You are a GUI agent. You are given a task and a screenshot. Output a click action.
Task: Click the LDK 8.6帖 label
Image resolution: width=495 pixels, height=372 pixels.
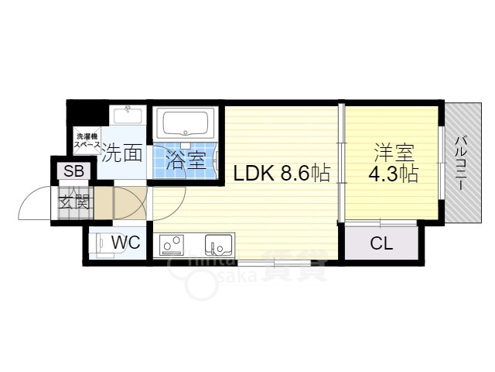click(x=282, y=174)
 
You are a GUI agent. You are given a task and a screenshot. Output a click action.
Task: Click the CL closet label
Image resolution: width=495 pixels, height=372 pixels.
click(x=381, y=243)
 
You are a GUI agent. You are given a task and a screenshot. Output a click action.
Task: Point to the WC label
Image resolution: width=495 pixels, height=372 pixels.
click(x=125, y=243)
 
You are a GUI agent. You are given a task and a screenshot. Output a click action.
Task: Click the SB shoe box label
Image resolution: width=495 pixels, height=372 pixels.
click(x=74, y=171)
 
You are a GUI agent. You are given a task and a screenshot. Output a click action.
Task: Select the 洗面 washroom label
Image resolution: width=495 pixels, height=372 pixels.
click(x=123, y=153)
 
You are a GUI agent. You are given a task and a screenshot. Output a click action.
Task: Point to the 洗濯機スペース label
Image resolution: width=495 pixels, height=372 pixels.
click(x=87, y=139)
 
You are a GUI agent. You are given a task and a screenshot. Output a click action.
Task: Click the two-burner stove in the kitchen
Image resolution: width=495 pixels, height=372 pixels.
click(x=172, y=246)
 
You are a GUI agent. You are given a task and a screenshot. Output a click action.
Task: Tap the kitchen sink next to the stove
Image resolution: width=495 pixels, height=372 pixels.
click(x=219, y=246)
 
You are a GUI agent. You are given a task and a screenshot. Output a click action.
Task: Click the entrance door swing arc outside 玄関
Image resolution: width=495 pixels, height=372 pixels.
click(x=35, y=205)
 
